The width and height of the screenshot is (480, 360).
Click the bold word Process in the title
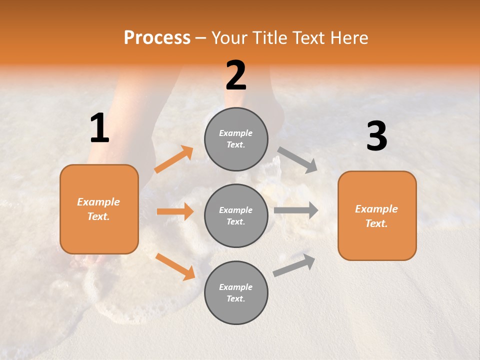(x=157, y=38)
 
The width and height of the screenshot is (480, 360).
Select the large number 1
(x=99, y=128)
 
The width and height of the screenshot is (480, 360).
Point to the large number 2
(x=236, y=76)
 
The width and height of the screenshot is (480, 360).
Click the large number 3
(x=376, y=136)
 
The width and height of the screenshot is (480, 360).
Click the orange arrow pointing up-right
(x=174, y=159)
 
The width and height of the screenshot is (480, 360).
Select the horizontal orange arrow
(x=175, y=211)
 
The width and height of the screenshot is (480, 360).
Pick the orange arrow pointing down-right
(x=175, y=266)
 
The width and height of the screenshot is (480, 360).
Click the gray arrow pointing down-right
(x=297, y=160)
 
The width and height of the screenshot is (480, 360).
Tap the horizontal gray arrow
(x=296, y=210)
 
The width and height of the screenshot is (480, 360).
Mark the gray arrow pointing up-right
(x=294, y=265)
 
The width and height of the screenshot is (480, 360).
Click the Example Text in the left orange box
(x=98, y=209)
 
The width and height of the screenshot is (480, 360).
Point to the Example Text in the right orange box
(x=376, y=216)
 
